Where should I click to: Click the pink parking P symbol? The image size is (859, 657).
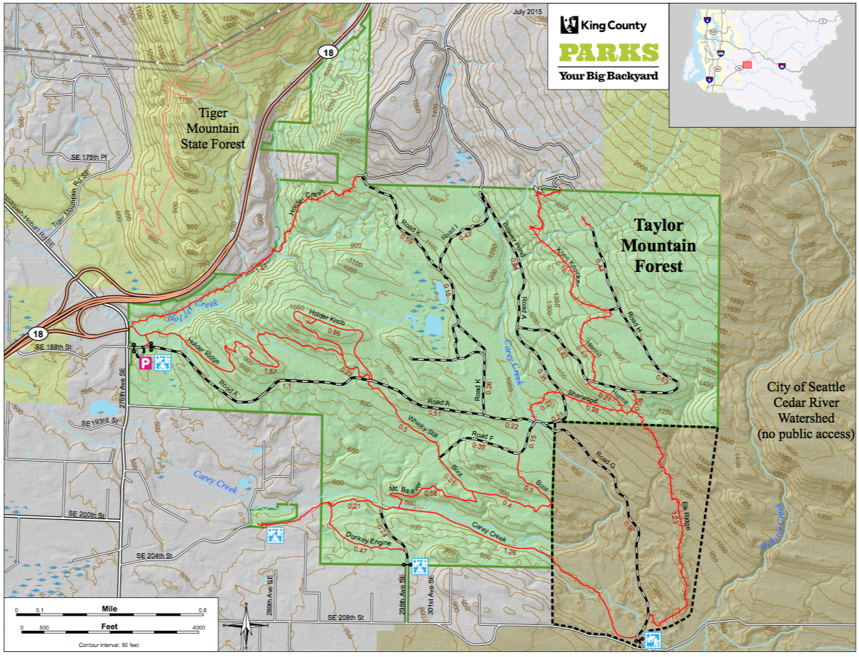click(x=144, y=364)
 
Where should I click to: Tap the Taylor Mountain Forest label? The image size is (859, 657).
click(x=659, y=246)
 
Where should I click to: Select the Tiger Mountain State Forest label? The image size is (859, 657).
click(x=222, y=128)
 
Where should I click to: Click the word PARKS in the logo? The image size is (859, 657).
click(x=607, y=53)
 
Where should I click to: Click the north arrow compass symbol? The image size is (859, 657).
click(x=246, y=626)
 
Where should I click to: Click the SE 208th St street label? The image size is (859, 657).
click(x=346, y=618)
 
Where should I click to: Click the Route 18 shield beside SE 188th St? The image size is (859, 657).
click(x=37, y=332)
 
